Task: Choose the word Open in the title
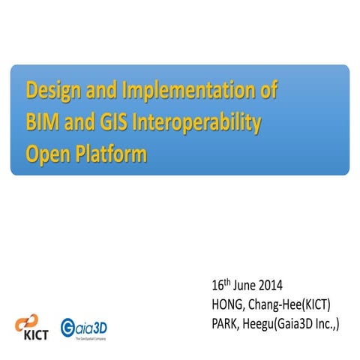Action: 47,154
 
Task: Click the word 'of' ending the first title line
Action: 265,91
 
